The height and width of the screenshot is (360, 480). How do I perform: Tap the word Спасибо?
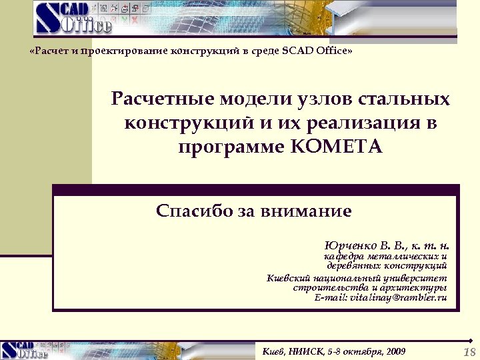pos(194,212)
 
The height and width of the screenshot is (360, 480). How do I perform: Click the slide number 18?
pos(469,352)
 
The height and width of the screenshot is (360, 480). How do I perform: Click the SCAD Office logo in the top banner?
pos(74,18)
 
